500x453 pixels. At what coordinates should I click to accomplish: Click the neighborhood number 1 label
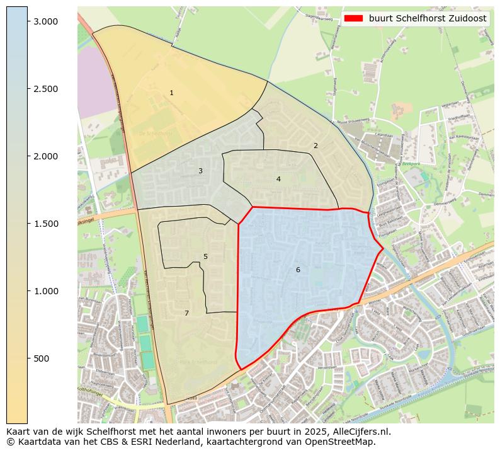[x=171, y=93]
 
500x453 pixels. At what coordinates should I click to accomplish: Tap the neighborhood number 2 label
[x=315, y=146]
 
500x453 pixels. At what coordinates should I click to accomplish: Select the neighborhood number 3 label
[x=200, y=171]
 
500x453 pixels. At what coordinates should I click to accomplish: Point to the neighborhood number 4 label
[x=278, y=180]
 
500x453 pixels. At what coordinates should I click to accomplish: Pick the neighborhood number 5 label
[x=205, y=257]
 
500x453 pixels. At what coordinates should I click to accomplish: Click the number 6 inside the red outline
[x=298, y=270]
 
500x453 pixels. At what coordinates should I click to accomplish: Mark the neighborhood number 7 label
[x=186, y=314]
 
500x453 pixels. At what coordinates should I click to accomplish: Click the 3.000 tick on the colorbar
[x=45, y=21]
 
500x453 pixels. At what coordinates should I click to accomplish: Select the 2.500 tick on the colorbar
[x=45, y=89]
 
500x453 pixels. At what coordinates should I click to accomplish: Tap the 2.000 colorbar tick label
[x=45, y=156]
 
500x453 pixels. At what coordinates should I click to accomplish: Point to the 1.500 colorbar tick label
[x=45, y=224]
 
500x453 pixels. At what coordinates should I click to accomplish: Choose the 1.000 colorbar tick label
[x=45, y=291]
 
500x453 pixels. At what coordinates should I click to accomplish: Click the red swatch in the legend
[x=354, y=19]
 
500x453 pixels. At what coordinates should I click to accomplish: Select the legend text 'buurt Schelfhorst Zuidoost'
[x=428, y=19]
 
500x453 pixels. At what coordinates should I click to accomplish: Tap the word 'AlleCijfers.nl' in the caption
[x=361, y=432]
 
